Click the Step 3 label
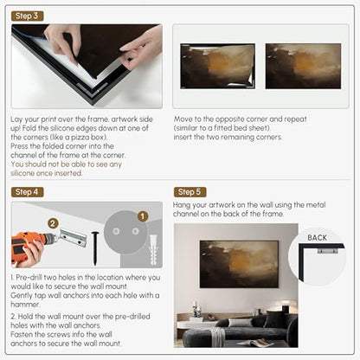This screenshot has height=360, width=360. pos(28,16)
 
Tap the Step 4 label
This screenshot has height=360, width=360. pos(28,192)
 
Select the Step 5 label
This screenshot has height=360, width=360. pos(190,192)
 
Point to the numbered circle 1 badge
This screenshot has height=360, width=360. pos(142,216)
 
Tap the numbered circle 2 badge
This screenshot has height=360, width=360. pos(53,223)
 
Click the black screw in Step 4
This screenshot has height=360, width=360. pos(95,248)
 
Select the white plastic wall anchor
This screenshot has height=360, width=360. pos(153,249)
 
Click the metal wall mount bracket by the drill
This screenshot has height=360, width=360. pos(74,238)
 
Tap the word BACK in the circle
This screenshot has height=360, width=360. pos(317,238)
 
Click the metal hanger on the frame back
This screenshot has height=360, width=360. pos(328,250)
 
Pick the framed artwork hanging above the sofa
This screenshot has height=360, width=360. pos(239,264)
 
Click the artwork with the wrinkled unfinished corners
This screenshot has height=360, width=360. pos(218,66)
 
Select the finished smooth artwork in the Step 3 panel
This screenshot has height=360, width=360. pos(303,66)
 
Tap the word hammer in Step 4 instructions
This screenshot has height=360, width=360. pos(24,305)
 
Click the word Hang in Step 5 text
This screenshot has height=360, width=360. pos(182,205)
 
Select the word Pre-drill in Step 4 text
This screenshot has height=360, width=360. pos(29,278)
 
